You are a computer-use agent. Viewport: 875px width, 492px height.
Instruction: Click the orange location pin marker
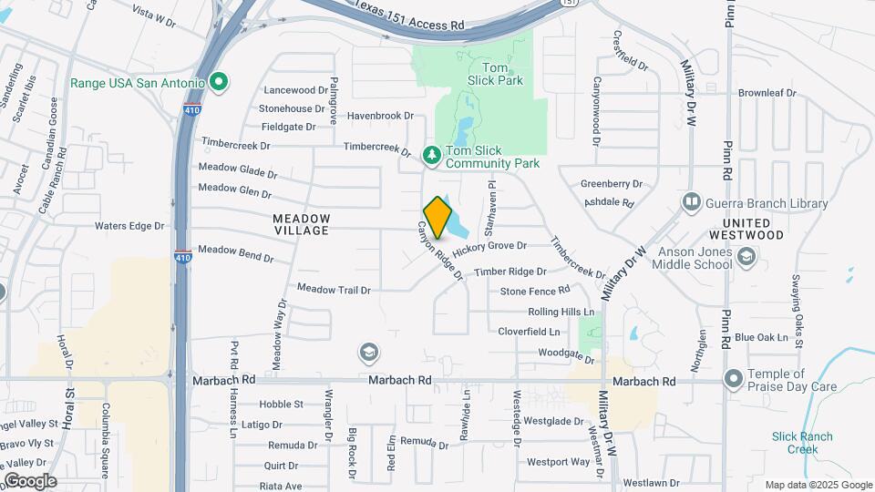pos(437,217)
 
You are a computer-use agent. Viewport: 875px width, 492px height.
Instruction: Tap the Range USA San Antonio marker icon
pos(218,83)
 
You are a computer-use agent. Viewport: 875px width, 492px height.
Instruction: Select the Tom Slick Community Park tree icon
pos(432,155)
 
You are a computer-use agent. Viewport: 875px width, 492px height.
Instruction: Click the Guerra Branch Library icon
pos(692,200)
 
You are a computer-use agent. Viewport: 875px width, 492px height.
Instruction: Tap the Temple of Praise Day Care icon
pos(733,377)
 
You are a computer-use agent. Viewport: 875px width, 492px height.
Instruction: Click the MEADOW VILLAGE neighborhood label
pos(302,224)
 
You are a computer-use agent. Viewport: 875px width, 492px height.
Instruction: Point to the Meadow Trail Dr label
pos(335,290)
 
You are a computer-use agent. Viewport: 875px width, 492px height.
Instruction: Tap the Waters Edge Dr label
pos(129,225)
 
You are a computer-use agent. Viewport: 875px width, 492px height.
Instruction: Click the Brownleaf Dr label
pos(767,93)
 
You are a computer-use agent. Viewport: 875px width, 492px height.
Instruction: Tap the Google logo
pos(29,480)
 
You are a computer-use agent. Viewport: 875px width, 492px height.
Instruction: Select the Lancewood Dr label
pos(295,90)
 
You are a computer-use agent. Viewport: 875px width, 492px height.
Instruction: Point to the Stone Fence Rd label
pos(535,291)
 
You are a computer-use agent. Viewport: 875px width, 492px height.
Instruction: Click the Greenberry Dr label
pos(612,183)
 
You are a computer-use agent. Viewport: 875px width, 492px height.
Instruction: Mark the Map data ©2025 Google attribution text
pos(818,485)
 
